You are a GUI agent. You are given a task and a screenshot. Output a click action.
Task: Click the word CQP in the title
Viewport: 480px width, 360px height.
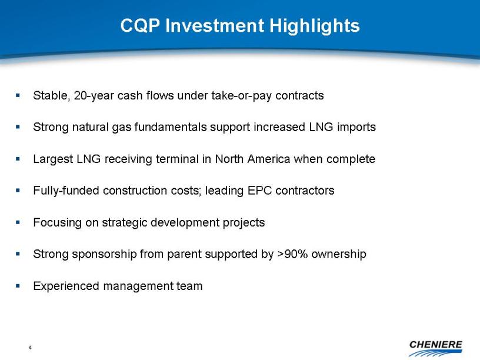140,25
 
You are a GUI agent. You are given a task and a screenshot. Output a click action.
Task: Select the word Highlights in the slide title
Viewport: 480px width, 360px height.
314,26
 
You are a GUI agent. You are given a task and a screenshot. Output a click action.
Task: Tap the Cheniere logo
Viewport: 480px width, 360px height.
435,348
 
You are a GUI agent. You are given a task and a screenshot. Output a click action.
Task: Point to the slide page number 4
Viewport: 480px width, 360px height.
30,348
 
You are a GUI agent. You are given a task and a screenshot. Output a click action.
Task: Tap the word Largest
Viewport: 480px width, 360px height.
53,159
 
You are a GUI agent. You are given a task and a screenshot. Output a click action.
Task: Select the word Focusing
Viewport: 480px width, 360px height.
57,223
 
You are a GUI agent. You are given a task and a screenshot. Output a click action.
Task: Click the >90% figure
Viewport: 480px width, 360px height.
292,254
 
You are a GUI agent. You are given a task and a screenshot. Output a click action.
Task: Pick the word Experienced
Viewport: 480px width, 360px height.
66,286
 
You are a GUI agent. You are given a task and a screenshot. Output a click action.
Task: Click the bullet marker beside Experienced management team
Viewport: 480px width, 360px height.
18,286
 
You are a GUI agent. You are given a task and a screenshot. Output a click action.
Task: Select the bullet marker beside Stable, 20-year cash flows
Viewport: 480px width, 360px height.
18,95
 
